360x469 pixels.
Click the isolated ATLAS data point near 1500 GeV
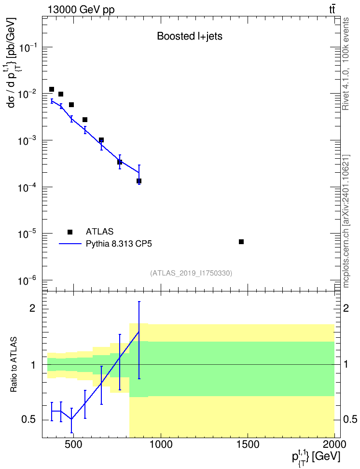click(x=241, y=242)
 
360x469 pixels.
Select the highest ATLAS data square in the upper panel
click(x=52, y=89)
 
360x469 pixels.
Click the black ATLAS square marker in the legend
click(x=70, y=232)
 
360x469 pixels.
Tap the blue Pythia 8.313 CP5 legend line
click(x=70, y=244)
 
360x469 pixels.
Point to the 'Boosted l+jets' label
click(x=190, y=36)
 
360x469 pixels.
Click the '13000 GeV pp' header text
click(x=81, y=10)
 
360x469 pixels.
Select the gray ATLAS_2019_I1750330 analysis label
click(x=191, y=273)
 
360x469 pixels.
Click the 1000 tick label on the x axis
click(x=161, y=444)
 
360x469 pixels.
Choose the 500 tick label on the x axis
click(x=73, y=444)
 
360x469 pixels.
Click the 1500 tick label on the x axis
click(x=248, y=444)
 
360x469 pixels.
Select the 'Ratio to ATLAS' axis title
click(x=14, y=364)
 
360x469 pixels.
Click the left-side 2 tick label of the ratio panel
click(x=32, y=308)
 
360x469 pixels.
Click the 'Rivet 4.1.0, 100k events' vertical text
click(x=346, y=64)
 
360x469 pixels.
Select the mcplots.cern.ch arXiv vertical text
click(x=346, y=221)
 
